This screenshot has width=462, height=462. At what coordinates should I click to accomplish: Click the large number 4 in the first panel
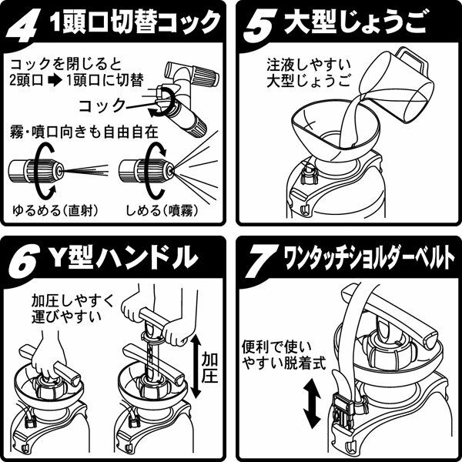tap(22, 26)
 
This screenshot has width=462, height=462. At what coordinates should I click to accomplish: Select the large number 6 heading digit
tap(25, 261)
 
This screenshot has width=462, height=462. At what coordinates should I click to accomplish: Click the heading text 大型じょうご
tap(355, 22)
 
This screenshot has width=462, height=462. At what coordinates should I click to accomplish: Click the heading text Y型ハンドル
tap(123, 257)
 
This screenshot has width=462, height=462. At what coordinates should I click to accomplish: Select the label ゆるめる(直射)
tap(55, 210)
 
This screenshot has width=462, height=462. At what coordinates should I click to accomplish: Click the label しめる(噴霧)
tap(162, 210)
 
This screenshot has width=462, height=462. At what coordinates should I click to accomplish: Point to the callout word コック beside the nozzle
tap(102, 105)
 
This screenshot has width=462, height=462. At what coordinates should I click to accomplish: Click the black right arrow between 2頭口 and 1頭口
tap(55, 80)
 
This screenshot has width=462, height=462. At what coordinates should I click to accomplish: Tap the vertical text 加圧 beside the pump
tap(209, 368)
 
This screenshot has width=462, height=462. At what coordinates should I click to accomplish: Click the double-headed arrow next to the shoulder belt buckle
tap(313, 403)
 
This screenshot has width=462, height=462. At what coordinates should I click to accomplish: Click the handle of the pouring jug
tap(412, 60)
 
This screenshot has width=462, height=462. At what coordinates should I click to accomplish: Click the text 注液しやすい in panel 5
tap(309, 65)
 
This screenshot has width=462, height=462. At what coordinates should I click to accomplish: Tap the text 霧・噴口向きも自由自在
tap(84, 132)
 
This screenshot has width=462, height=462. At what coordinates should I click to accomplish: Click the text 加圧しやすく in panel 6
tap(72, 301)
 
